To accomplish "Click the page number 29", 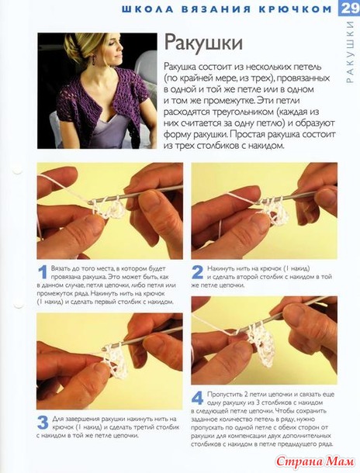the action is pyautogui.click(x=351, y=8).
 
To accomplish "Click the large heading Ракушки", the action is pyautogui.click(x=203, y=43).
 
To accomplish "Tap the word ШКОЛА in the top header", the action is pyautogui.click(x=147, y=9).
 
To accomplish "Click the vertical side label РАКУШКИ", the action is pyautogui.click(x=350, y=52).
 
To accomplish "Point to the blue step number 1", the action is pyautogui.click(x=43, y=272).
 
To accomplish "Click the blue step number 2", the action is pyautogui.click(x=198, y=272).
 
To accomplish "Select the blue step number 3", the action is pyautogui.click(x=43, y=423).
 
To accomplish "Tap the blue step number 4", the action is pyautogui.click(x=198, y=399).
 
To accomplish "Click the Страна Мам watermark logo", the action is pyautogui.click(x=316, y=461).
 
